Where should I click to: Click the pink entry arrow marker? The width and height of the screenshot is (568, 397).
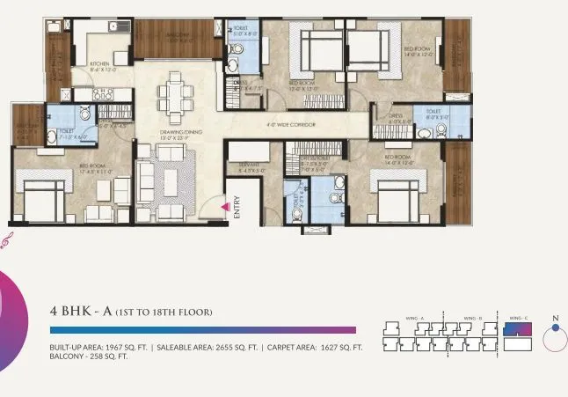(226, 206)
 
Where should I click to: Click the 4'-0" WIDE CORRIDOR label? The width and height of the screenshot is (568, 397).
(291, 125)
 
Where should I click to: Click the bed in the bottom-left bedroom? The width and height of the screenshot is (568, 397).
(41, 200)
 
